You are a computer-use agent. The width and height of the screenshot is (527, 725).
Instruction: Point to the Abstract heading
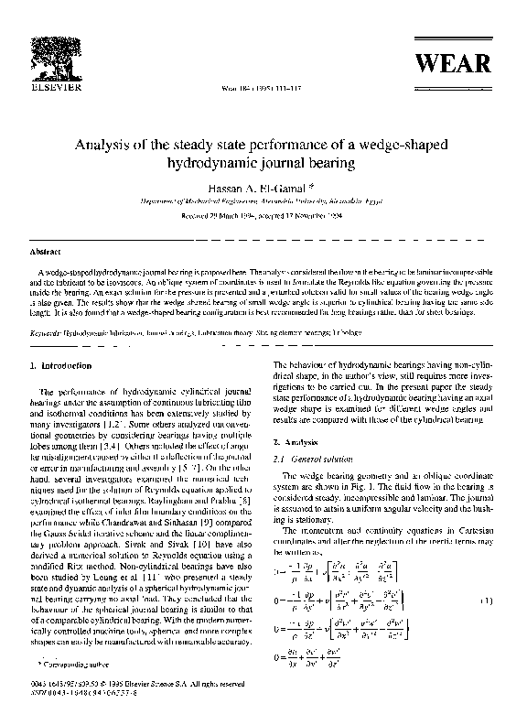pyautogui.click(x=46, y=251)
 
